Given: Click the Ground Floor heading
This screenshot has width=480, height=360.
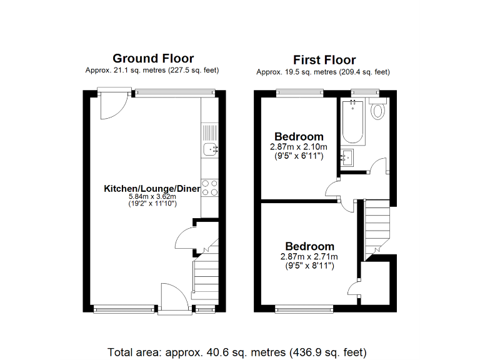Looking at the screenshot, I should (152, 59).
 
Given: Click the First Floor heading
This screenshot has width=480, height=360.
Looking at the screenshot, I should (324, 60).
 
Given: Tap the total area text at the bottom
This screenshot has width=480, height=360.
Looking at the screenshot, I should (237, 351).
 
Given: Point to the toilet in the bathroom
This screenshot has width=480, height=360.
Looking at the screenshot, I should (377, 111).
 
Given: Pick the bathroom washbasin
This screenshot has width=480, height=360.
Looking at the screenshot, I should (347, 157).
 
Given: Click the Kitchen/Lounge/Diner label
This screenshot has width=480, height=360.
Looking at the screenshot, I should (152, 188).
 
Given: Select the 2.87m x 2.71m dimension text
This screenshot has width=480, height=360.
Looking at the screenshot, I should (309, 257).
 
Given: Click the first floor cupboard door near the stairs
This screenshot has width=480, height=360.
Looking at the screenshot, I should (354, 287).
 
